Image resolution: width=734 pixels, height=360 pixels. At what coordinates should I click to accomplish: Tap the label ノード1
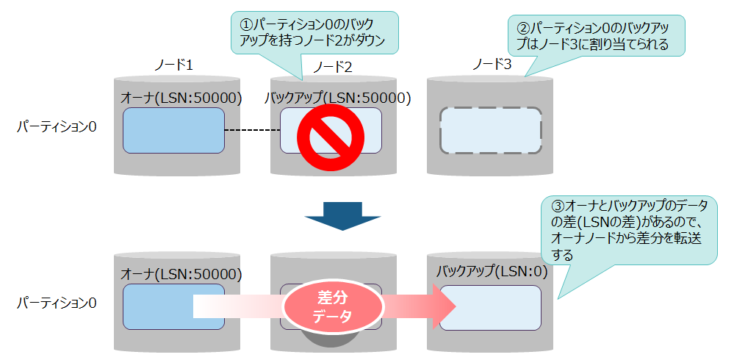click(173, 65)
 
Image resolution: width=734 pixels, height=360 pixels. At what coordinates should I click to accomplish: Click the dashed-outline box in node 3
click(490, 132)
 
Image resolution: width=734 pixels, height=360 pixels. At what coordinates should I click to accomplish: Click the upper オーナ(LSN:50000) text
click(181, 98)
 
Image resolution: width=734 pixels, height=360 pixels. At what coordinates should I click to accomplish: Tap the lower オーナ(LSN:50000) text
click(181, 274)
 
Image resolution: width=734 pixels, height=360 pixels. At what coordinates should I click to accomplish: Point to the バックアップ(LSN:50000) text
click(337, 98)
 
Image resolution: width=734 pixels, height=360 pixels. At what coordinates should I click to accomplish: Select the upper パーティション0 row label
click(57, 126)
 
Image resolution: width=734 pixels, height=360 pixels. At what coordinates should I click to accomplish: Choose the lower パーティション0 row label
click(57, 302)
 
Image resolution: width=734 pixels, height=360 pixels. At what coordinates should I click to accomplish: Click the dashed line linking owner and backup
click(251, 132)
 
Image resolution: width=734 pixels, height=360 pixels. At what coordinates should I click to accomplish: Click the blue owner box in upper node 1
click(173, 131)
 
